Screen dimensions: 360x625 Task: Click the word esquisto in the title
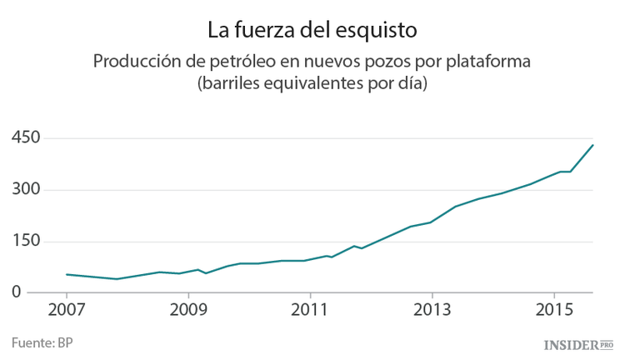tap(372, 30)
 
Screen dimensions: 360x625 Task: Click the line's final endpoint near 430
tap(592, 145)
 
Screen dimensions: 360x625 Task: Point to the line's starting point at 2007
tap(67, 274)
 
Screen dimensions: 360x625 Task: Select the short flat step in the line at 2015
tap(564, 172)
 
